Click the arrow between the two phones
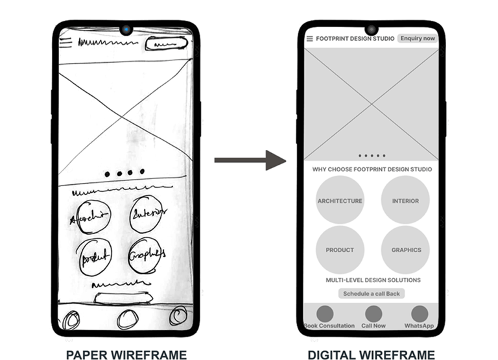tap(250, 160)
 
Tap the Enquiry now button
tap(417, 38)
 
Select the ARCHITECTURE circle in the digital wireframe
tap(340, 200)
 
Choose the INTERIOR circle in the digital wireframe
tap(405, 200)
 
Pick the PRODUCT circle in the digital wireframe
tap(340, 250)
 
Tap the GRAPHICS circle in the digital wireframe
tap(406, 250)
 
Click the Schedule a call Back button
tap(372, 294)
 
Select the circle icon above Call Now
tap(373, 313)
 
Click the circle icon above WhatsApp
tap(419, 313)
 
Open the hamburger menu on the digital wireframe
tap(310, 39)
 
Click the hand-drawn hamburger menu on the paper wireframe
tap(65, 43)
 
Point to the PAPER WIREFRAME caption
tap(126, 354)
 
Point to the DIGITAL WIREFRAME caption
tap(371, 354)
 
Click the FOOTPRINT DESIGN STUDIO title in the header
tap(355, 39)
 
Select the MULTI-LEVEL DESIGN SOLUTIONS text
tap(373, 280)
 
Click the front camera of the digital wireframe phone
tap(372, 30)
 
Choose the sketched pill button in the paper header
tap(167, 44)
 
